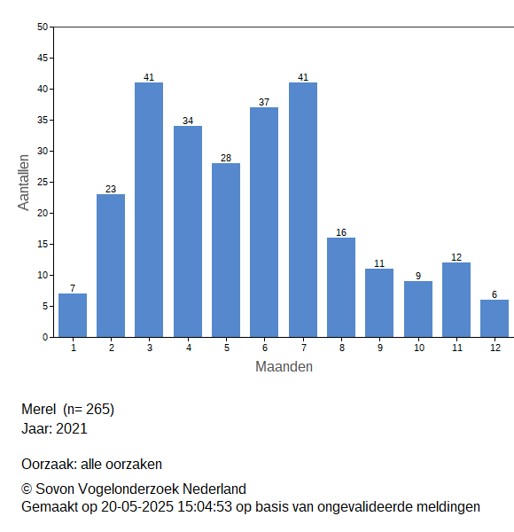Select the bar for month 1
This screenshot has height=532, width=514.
coord(73,315)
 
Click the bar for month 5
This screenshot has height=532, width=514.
coord(226,250)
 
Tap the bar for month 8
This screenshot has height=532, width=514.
coord(341,287)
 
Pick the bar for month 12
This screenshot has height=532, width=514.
coord(495,318)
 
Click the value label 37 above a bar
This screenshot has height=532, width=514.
coord(264,102)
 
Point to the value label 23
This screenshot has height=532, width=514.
coord(111,189)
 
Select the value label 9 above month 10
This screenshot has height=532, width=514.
coord(418,276)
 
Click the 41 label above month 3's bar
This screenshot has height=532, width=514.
coord(149,77)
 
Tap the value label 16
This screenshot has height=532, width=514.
coord(341,232)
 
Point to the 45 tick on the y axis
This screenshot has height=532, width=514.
coord(43,58)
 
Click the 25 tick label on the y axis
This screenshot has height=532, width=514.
coord(43,182)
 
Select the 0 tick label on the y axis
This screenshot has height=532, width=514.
coord(45,337)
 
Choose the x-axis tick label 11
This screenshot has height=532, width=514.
coord(457,348)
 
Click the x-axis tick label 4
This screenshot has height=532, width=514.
coord(189,348)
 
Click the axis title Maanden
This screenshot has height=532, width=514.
coord(284,367)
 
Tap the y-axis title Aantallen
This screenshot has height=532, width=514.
coord(24,183)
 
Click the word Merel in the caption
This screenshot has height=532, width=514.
coord(39,409)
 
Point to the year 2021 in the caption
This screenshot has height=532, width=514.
coord(72,428)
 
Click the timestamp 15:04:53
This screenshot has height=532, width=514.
coord(205,507)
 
